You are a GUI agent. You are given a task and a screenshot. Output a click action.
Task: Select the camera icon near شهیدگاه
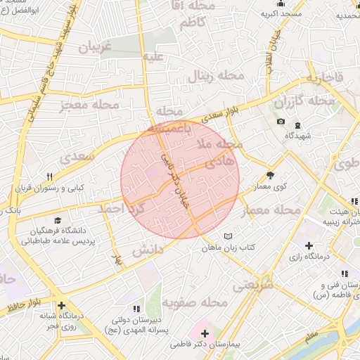click(281, 122)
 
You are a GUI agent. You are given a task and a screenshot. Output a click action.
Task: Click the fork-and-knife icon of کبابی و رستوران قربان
click(49, 176)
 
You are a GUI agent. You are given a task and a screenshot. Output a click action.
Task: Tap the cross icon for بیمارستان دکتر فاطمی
click(205, 333)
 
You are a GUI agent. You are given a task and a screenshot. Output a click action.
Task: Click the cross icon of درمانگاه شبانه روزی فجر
click(62, 305)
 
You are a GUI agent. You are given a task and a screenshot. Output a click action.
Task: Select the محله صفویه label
click(195, 302)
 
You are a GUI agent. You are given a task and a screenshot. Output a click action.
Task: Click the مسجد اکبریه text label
click(282, 13)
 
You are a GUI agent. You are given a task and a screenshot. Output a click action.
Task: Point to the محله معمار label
click(271, 210)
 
